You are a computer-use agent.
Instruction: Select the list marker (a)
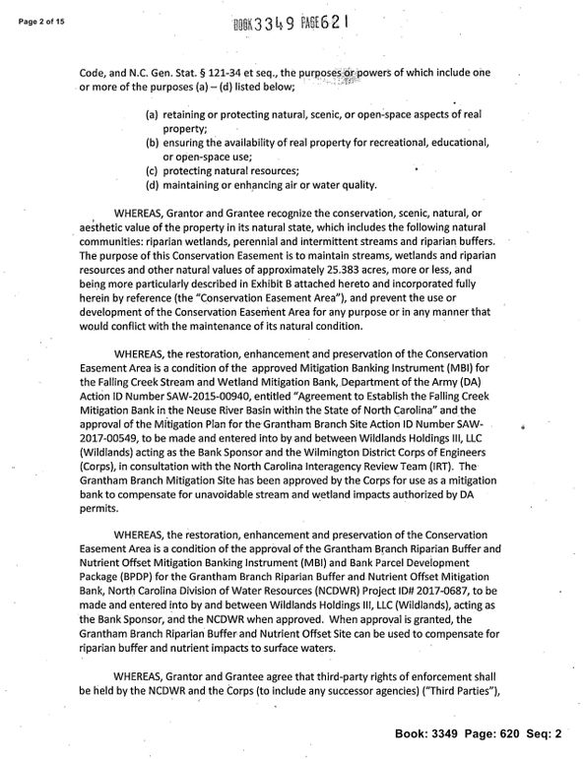coord(153,115)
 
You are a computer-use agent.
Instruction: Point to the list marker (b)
coord(153,143)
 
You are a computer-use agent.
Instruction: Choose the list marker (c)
coord(153,171)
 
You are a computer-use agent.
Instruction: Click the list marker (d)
coord(153,185)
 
